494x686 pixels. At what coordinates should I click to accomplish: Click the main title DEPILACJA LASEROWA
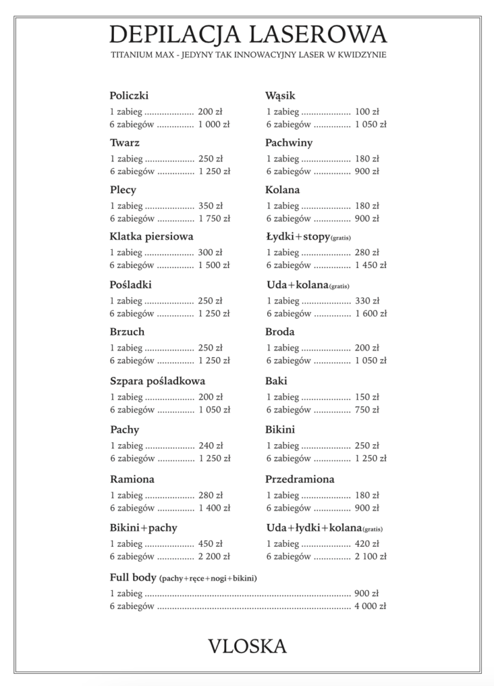click(248, 33)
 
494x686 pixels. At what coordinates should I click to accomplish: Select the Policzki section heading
click(129, 95)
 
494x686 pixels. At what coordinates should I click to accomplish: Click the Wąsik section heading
click(280, 95)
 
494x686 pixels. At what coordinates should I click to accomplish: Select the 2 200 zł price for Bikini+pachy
click(214, 556)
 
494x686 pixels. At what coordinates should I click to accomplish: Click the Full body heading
click(133, 577)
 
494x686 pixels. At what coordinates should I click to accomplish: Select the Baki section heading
click(276, 381)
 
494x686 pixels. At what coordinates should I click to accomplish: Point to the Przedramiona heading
click(299, 479)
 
